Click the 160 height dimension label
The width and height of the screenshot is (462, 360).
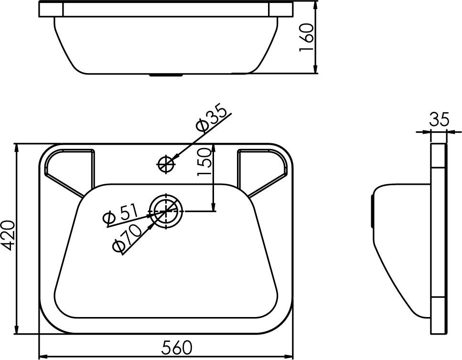306,38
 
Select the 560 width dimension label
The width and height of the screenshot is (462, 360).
177,347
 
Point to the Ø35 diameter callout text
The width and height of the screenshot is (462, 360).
212,117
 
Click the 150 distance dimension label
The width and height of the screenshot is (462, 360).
204,162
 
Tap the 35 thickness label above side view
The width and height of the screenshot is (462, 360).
439,119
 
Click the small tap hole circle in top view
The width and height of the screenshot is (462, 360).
166,164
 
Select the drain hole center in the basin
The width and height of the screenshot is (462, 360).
166,211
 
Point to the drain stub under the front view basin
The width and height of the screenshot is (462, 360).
166,75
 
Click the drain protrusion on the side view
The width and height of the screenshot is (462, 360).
373,212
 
